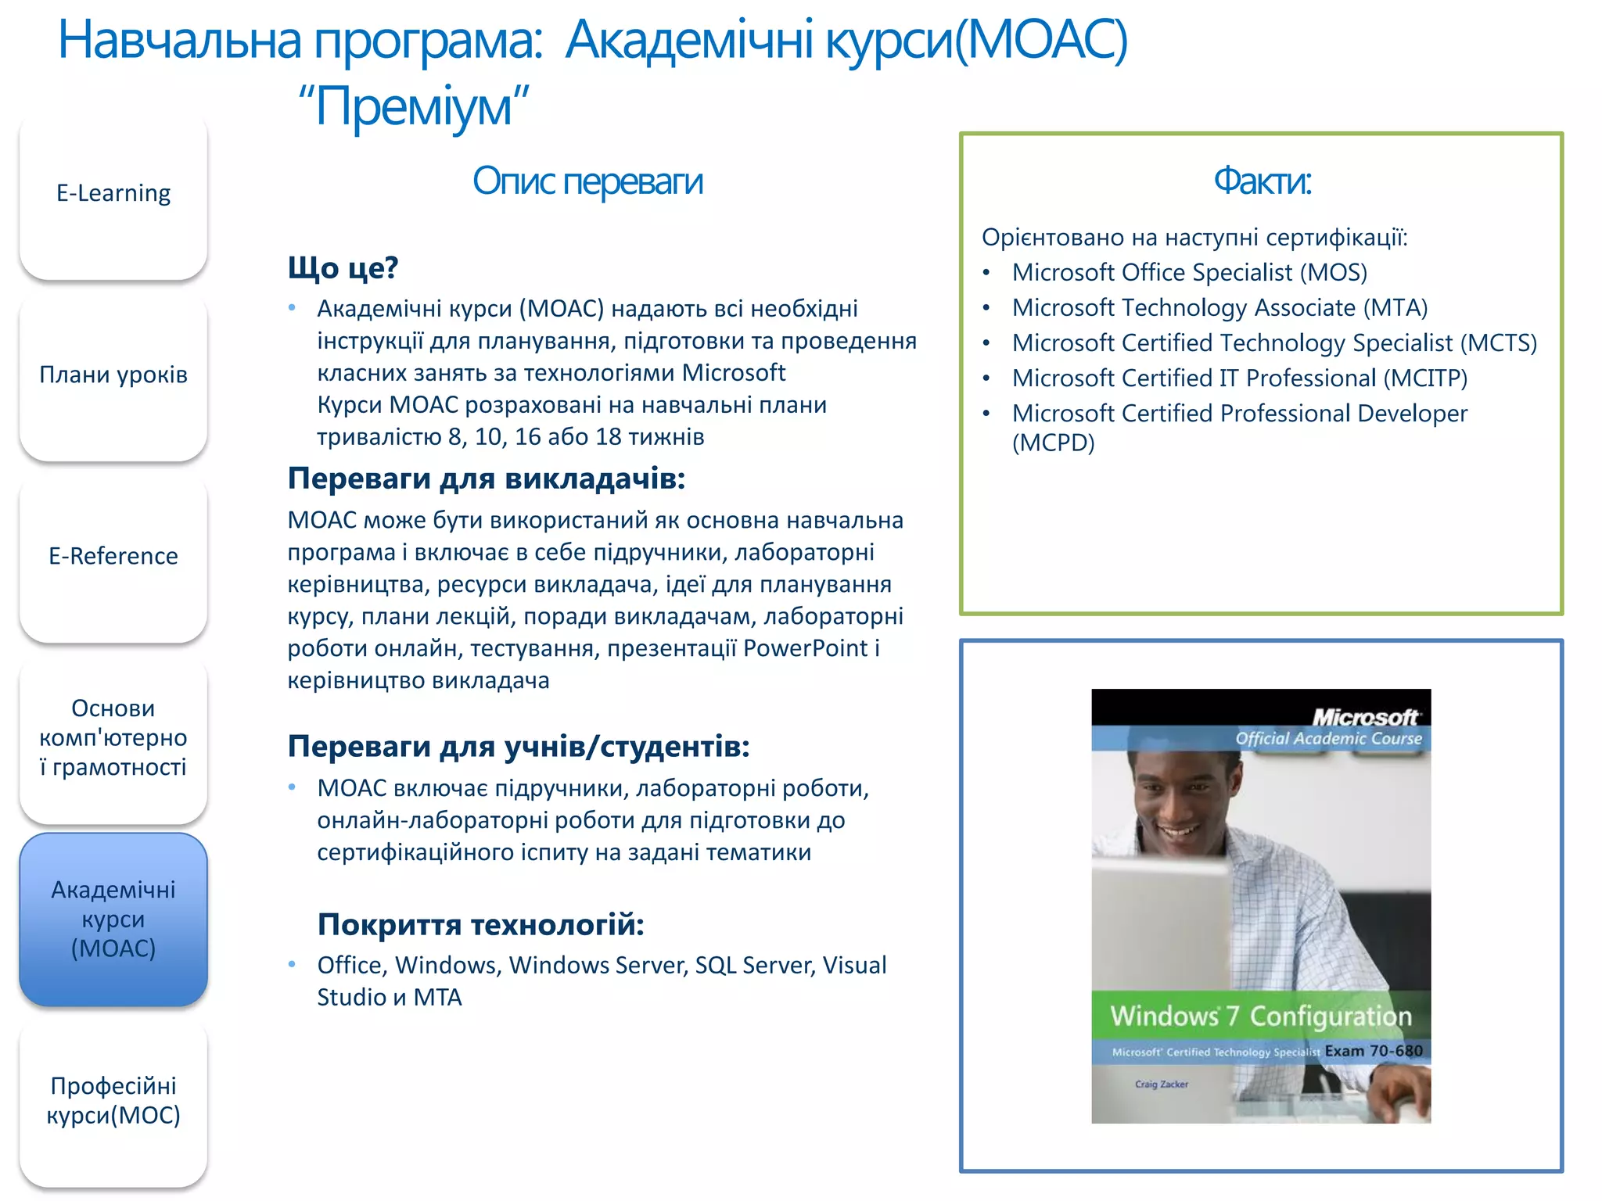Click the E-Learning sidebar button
pyautogui.click(x=113, y=194)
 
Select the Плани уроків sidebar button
pyautogui.click(x=113, y=375)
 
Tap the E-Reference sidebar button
pyautogui.click(x=113, y=557)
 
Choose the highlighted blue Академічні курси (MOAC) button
pyautogui.click(x=113, y=920)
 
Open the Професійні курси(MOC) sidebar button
pyautogui.click(x=113, y=1101)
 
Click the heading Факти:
pyautogui.click(x=1262, y=181)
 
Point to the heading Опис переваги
pyautogui.click(x=587, y=181)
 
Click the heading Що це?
pyautogui.click(x=343, y=268)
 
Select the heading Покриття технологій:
pyautogui.click(x=480, y=925)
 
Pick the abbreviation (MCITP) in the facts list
pyautogui.click(x=1424, y=378)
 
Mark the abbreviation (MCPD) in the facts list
pyautogui.click(x=1053, y=443)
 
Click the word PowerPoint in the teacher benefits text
pyautogui.click(x=805, y=648)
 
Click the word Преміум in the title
pyautogui.click(x=414, y=107)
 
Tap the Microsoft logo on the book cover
pyautogui.click(x=1365, y=717)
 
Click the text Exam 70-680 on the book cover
pyautogui.click(x=1373, y=1052)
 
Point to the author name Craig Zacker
pyautogui.click(x=1162, y=1084)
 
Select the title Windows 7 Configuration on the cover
pyautogui.click(x=1261, y=1016)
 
